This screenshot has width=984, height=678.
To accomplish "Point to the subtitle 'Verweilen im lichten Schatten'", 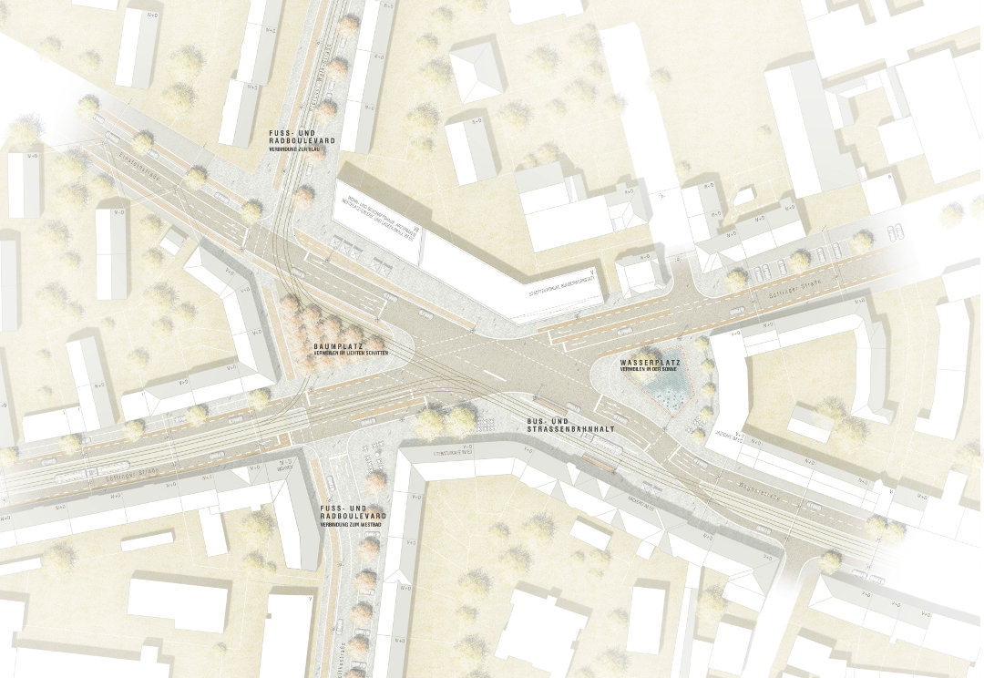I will (345, 354).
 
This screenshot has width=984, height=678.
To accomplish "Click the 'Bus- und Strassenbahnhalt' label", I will (557, 426).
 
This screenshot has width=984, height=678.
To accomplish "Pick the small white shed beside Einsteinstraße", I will (171, 241).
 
